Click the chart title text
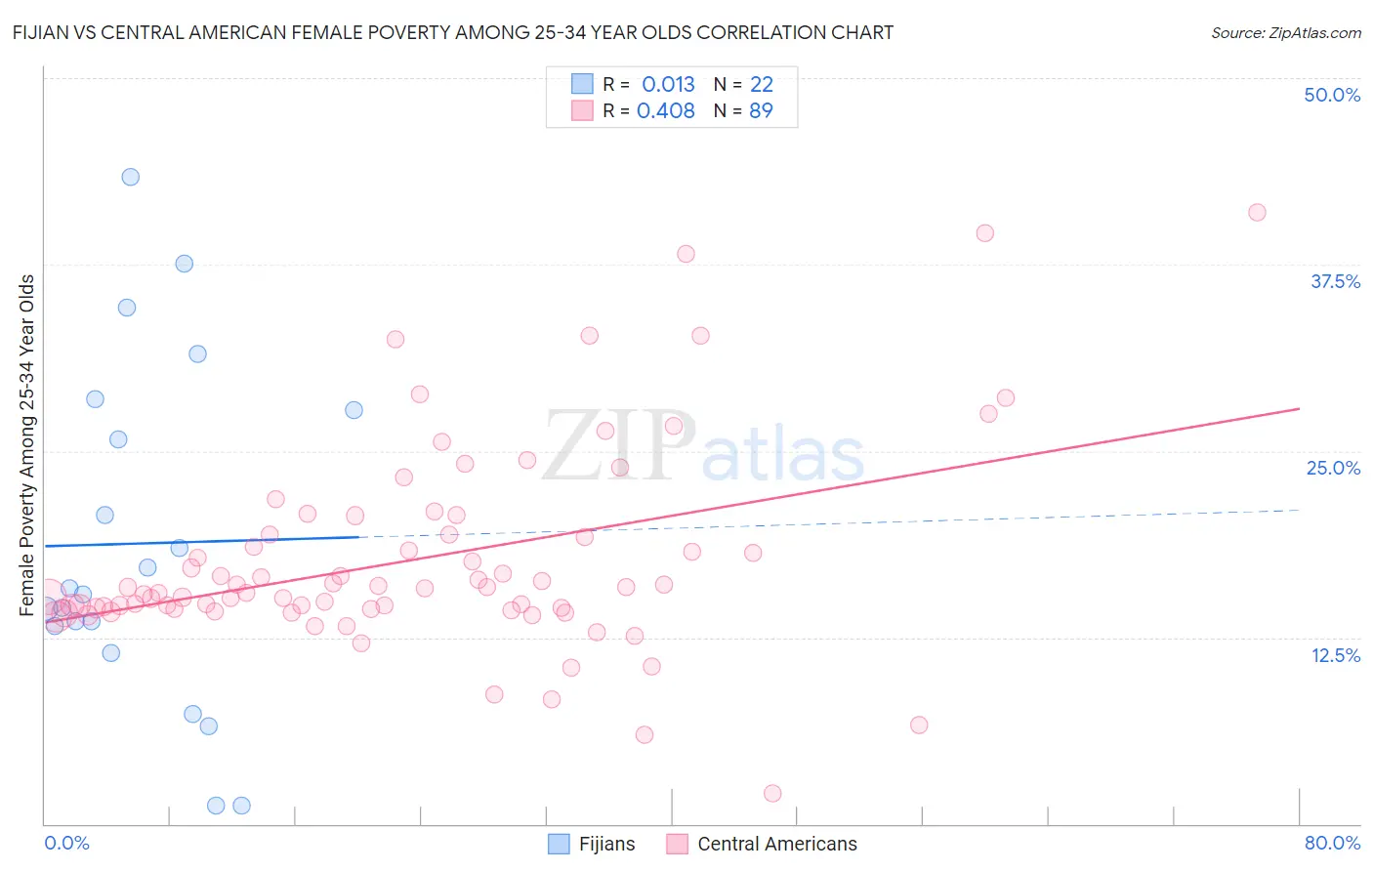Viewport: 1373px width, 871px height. tap(452, 32)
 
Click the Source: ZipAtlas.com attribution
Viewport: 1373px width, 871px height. tap(1285, 32)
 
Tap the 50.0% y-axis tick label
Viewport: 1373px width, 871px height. tap(1332, 95)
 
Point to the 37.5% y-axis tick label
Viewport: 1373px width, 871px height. tap(1335, 281)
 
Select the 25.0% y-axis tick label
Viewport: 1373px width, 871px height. tap(1333, 468)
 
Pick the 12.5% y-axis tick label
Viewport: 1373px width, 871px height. tap(1335, 655)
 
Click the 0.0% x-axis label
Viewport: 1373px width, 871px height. tap(66, 843)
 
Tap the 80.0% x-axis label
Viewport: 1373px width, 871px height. tap(1332, 843)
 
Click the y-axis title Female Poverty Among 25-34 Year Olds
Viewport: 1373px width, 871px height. tap(27, 445)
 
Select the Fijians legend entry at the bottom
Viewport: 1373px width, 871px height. tap(592, 844)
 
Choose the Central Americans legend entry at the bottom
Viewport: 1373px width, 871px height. tap(762, 844)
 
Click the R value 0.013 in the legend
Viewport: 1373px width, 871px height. tap(668, 84)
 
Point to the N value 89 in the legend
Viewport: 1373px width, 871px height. tap(761, 111)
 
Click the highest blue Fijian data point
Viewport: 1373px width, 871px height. tap(130, 177)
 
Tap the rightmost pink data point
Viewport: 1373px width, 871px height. tap(1257, 213)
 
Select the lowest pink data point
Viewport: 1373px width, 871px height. tap(772, 793)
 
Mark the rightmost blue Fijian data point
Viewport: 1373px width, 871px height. tap(354, 410)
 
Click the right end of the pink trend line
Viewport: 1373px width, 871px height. tap(1299, 408)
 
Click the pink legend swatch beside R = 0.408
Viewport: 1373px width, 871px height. tap(582, 110)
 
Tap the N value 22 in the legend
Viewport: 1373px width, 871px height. tap(761, 84)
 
